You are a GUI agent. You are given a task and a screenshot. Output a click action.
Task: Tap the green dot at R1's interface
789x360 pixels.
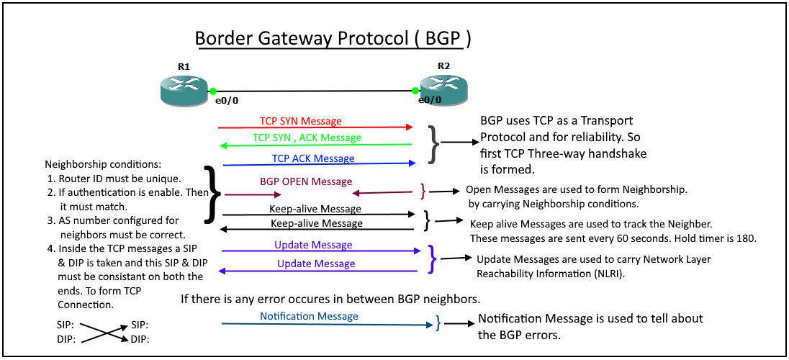pyautogui.click(x=213, y=91)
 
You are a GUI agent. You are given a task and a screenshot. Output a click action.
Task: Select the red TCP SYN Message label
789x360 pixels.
pyautogui.click(x=300, y=121)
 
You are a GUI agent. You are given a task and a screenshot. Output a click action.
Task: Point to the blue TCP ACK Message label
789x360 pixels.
pyautogui.click(x=312, y=158)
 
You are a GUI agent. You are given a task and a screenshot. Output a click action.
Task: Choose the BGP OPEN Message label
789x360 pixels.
pyautogui.click(x=306, y=181)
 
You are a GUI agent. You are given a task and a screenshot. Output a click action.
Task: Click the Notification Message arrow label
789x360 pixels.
pyautogui.click(x=309, y=316)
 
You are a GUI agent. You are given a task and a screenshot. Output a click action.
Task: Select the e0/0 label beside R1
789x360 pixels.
pyautogui.click(x=227, y=102)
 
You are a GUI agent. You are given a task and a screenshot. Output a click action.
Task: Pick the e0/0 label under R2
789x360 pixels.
pyautogui.click(x=430, y=101)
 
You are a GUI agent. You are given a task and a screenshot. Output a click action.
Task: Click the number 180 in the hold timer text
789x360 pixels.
pyautogui.click(x=745, y=238)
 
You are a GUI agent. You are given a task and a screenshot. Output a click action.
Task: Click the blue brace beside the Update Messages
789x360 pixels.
pyautogui.click(x=432, y=258)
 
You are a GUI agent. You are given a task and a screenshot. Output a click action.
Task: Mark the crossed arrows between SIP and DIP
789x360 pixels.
pyautogui.click(x=104, y=332)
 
